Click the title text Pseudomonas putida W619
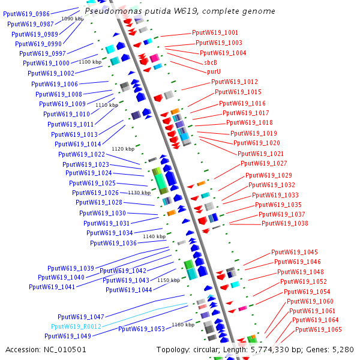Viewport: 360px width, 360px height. click(180, 11)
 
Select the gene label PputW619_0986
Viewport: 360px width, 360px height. click(26, 14)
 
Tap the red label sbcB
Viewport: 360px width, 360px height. click(210, 62)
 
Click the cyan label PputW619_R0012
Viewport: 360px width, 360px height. click(76, 326)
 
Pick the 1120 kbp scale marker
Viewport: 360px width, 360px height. click(122, 148)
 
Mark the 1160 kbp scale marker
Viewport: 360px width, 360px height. click(182, 325)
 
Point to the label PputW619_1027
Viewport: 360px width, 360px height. click(264, 163)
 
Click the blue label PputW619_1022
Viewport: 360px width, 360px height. click(82, 154)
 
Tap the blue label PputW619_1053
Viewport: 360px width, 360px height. click(141, 329)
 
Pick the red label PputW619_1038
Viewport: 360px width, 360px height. click(285, 223)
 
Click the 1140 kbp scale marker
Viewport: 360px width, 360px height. click(154, 237)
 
